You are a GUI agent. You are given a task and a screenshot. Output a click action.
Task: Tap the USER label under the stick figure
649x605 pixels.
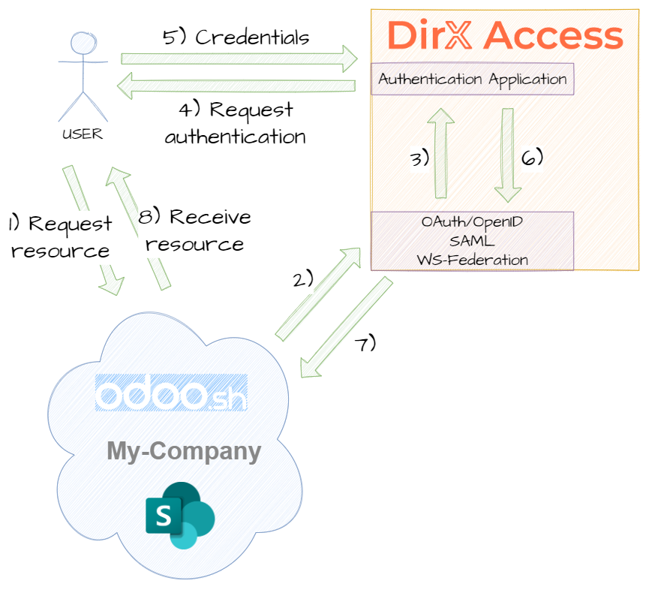tap(82, 135)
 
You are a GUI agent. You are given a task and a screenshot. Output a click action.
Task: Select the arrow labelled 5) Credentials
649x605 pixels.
tap(240, 57)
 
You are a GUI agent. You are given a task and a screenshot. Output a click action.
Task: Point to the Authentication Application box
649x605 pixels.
tap(473, 79)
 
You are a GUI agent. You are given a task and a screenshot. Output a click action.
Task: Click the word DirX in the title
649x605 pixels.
tap(431, 35)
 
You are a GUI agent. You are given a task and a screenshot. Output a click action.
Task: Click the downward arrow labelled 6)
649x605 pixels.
tap(508, 155)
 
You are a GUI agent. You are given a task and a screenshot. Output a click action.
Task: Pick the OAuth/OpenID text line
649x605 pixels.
tap(473, 223)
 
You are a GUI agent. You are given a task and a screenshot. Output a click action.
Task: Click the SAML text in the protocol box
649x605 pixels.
tap(473, 241)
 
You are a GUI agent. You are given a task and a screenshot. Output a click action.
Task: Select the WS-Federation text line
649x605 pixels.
tap(473, 260)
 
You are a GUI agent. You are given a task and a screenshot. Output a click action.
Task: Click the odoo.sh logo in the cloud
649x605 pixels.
tap(171, 394)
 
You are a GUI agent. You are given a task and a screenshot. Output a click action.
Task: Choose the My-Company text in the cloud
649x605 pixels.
tap(184, 451)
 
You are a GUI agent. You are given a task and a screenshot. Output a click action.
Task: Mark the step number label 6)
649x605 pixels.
tap(532, 158)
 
